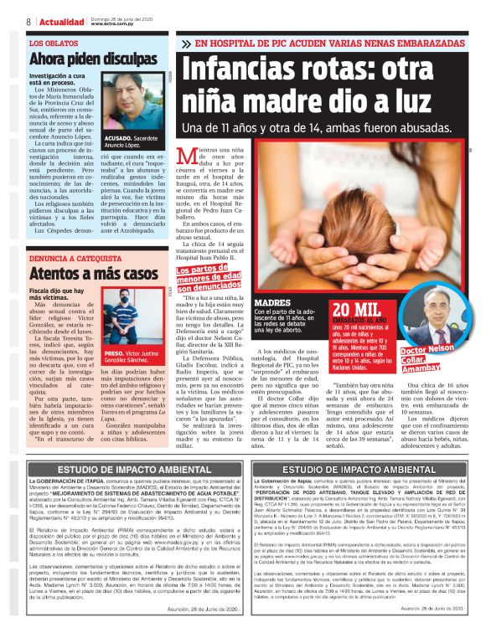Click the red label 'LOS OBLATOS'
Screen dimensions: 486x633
pyautogui.click(x=50, y=42)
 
